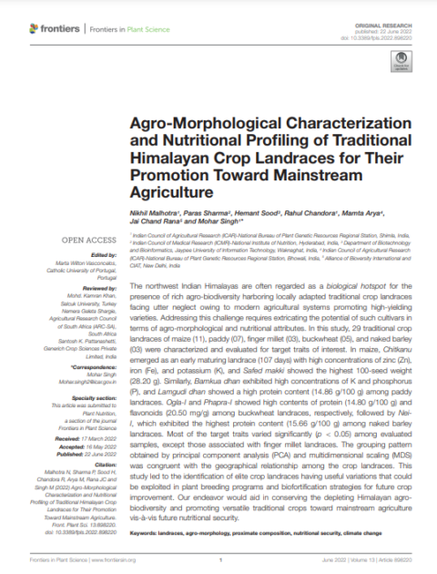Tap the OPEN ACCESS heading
86,240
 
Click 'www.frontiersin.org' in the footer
105,559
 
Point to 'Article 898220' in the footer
408,559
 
